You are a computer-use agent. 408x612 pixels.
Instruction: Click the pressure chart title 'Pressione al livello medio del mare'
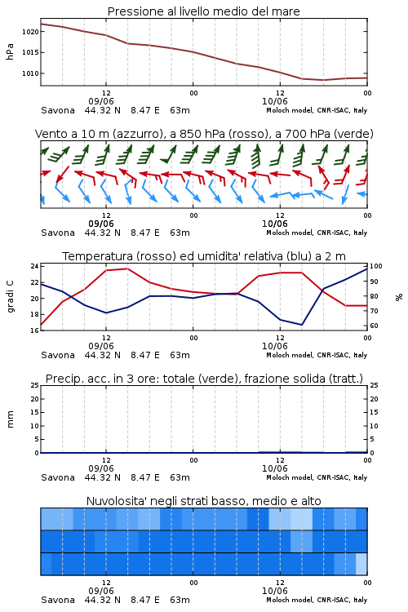tap(203, 11)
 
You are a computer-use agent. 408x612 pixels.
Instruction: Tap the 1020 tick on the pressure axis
tap(30, 32)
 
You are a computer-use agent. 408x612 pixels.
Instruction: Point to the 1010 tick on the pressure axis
tap(30, 73)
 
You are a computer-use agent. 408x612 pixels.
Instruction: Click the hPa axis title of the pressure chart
tap(10, 51)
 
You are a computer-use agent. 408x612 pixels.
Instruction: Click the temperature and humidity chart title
tap(204, 256)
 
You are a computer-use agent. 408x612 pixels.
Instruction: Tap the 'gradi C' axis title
tap(10, 297)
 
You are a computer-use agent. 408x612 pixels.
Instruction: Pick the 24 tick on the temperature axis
tap(35, 266)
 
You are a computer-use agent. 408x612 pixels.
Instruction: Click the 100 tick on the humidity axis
tap(376, 266)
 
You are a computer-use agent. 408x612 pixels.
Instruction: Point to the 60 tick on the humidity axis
tap(374, 326)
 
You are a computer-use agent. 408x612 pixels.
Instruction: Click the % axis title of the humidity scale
tap(399, 297)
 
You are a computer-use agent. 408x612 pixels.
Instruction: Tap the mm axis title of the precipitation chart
tap(10, 419)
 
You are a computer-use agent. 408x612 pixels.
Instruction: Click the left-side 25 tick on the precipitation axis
tap(35, 385)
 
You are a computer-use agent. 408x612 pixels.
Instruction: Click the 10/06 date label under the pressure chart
tap(275, 101)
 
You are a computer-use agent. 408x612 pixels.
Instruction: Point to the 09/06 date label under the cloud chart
tap(101, 591)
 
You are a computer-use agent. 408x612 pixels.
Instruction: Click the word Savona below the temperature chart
tap(58, 355)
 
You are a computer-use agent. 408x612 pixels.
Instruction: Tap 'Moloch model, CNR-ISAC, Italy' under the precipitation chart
tap(317, 477)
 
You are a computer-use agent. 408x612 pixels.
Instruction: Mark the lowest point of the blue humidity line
tap(301, 325)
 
